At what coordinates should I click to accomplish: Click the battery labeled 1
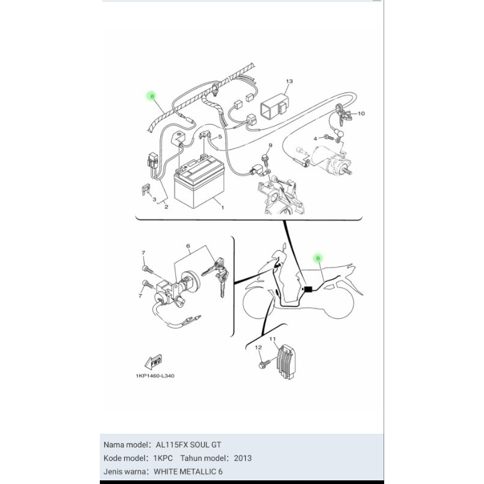[199, 183]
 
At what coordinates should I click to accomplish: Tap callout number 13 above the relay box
[289, 81]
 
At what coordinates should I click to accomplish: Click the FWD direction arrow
[154, 362]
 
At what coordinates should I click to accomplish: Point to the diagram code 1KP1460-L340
[155, 376]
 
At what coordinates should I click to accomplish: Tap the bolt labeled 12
[264, 364]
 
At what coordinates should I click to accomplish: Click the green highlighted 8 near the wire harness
[152, 96]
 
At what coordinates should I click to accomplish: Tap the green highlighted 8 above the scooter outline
[318, 258]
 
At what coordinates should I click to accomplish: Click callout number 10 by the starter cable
[361, 113]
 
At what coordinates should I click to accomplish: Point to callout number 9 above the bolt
[270, 145]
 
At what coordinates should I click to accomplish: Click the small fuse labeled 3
[145, 189]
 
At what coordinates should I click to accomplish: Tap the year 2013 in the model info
[243, 458]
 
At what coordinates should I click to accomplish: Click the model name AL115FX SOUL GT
[188, 445]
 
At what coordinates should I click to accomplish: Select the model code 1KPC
[163, 458]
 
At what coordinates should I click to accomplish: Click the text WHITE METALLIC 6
[188, 472]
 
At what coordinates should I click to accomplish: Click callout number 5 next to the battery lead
[220, 137]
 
